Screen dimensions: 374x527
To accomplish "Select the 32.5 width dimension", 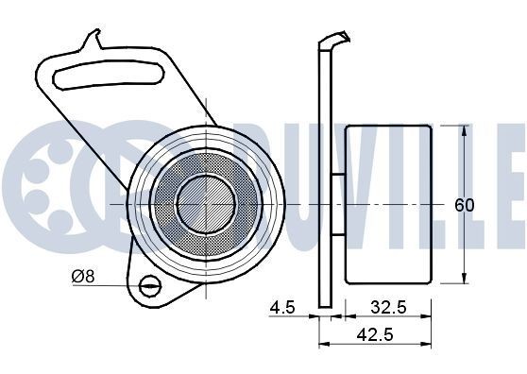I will [x=387, y=307].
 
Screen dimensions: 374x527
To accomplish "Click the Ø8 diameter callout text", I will [x=83, y=277].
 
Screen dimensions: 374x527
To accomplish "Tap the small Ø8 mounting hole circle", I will [x=148, y=286].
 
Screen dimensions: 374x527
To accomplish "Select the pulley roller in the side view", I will [x=388, y=203].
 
